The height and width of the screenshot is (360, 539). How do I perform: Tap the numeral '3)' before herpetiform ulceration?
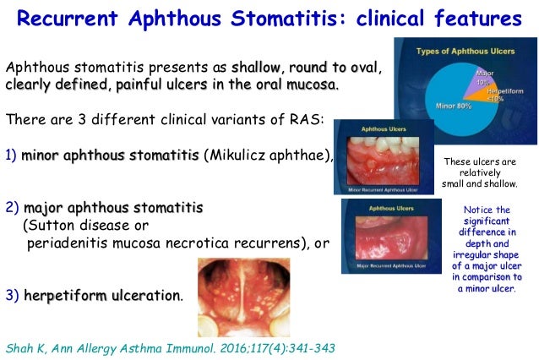(12, 295)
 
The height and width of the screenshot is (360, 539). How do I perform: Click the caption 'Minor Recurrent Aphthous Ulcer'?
(385, 190)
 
